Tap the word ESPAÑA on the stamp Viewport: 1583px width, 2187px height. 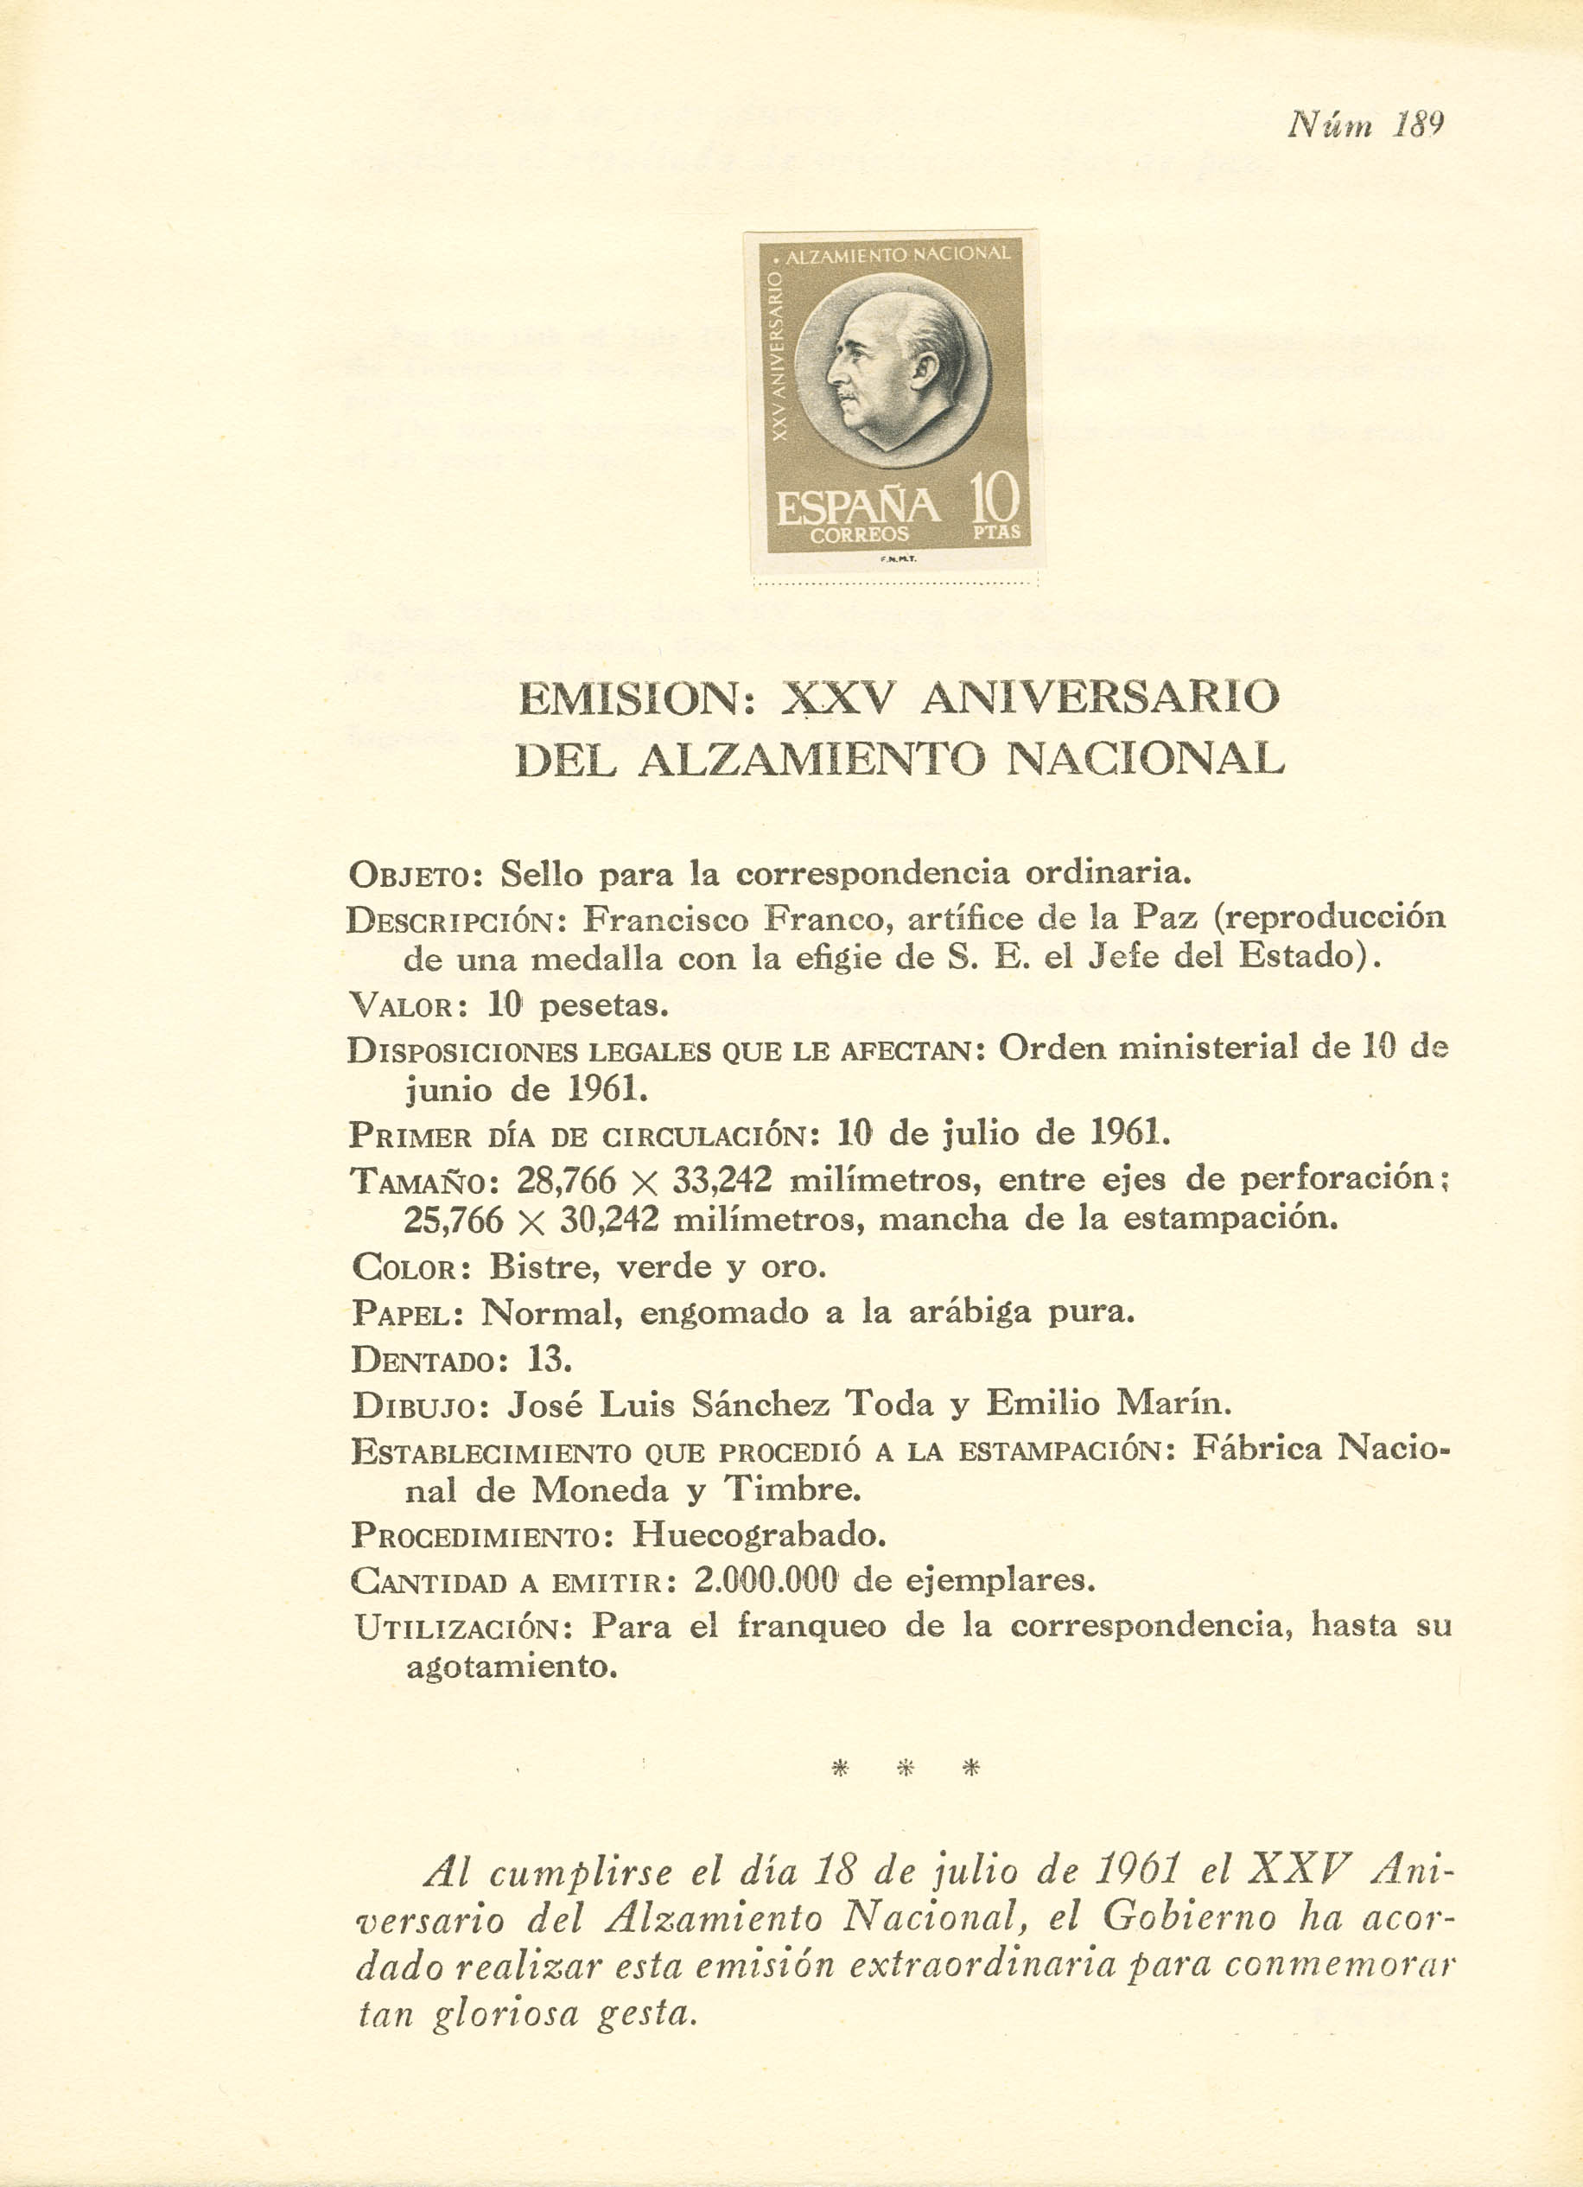click(x=857, y=507)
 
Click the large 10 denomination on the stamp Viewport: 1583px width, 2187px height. click(x=994, y=499)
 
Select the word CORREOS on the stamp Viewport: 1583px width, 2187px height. click(x=859, y=535)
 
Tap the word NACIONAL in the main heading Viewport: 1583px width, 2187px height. click(x=1145, y=759)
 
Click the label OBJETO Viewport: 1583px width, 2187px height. click(x=423, y=876)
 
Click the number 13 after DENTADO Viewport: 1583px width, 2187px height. click(x=550, y=1359)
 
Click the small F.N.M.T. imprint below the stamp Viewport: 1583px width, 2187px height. click(x=897, y=560)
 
